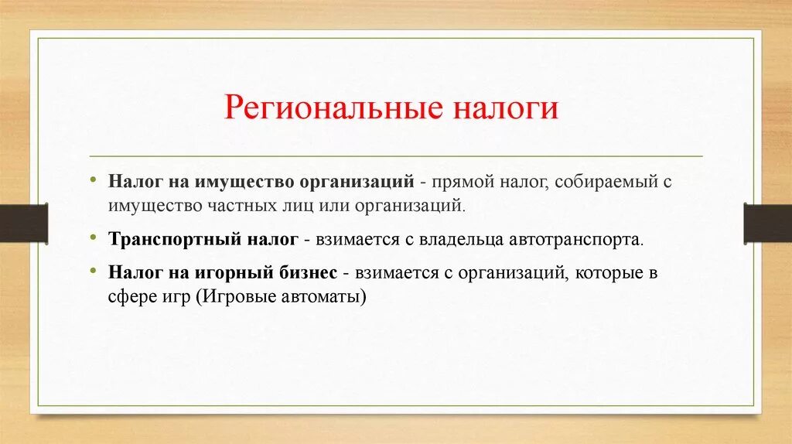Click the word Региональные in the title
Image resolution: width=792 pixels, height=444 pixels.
click(x=333, y=108)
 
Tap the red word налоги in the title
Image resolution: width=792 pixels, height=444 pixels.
click(x=506, y=108)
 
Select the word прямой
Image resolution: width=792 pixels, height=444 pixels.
click(x=463, y=182)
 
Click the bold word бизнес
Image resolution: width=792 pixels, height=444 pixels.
click(x=308, y=273)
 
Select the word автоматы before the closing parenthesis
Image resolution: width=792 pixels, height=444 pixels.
click(x=320, y=296)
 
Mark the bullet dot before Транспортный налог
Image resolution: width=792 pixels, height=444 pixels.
click(x=93, y=237)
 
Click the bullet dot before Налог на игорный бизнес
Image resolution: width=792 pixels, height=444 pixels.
click(x=93, y=271)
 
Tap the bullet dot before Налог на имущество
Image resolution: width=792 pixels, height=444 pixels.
click(x=93, y=179)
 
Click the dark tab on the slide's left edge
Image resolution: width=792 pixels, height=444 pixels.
click(x=24, y=224)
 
